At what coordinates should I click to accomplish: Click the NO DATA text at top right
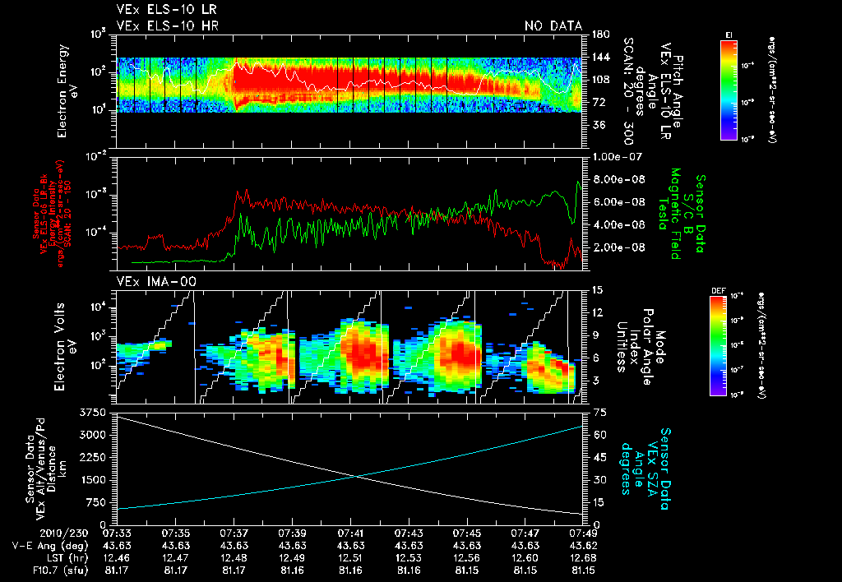click(553, 26)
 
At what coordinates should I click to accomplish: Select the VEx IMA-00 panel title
click(146, 282)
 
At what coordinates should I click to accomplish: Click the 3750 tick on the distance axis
click(95, 411)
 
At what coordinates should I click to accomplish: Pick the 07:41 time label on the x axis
click(351, 533)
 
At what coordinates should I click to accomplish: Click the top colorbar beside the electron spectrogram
click(729, 88)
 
